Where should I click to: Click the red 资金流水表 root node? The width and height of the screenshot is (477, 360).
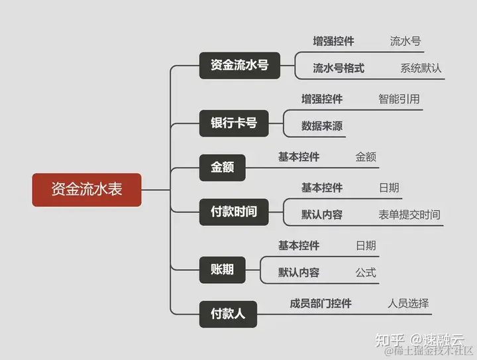pos(87,189)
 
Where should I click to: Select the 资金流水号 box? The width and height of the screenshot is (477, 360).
pos(239,65)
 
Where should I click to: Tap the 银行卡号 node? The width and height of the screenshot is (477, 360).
pos(234,123)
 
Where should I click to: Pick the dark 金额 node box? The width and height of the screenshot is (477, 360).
pos(222,167)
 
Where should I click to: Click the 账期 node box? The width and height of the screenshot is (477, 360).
pos(222,270)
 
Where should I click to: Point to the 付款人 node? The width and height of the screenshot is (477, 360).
pos(228,313)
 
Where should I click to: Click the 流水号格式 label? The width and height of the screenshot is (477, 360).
pos(339,68)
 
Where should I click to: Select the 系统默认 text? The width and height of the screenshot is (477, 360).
pos(421,68)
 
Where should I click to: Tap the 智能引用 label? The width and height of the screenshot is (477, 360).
pos(399,99)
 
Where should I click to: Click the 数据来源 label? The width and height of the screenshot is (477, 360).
pos(322,126)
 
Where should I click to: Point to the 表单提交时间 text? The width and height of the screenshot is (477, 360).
pos(409,214)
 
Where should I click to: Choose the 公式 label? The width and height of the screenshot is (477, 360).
pos(366,272)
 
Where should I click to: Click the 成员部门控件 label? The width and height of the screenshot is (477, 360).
pos(321,304)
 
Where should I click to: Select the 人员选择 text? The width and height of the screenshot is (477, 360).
pos(409,304)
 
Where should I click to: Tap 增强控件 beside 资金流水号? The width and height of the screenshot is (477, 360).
pos(333,41)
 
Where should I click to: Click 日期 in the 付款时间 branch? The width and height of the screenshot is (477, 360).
pos(388,188)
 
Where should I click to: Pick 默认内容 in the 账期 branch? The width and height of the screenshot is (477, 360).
pos(299,272)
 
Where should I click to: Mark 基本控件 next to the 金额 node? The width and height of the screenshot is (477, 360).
pos(299,157)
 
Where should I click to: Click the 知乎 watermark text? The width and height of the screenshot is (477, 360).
pos(388,340)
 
